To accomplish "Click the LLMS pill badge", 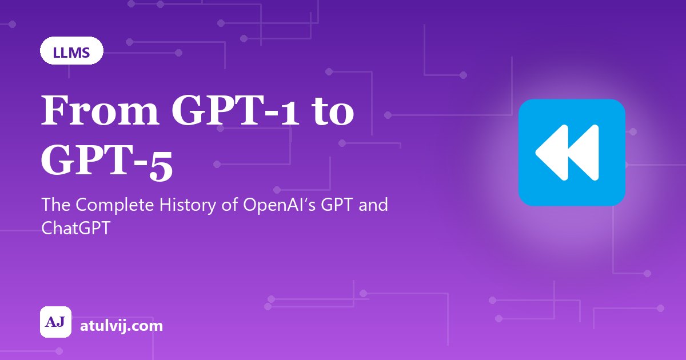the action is (x=71, y=50).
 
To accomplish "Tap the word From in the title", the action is (x=101, y=110).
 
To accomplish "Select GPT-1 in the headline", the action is (x=234, y=110).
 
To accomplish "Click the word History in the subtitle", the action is (x=188, y=205).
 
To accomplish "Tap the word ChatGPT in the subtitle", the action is (x=75, y=228).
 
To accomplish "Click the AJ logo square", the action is (x=56, y=322).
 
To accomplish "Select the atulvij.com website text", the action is (x=121, y=326).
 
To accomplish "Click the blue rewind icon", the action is (x=572, y=152).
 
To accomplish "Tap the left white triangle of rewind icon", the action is (x=552, y=152).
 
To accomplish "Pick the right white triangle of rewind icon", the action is (x=584, y=152).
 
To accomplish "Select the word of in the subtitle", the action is (x=230, y=205).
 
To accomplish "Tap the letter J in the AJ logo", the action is (x=61, y=322).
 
